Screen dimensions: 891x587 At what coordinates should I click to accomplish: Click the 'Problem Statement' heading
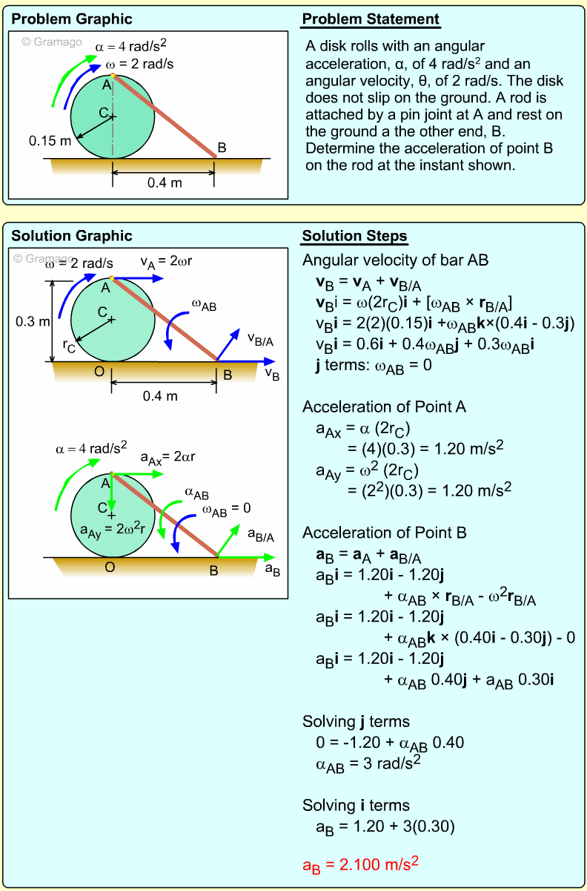click(x=371, y=19)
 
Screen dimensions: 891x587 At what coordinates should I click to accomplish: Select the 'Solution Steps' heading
click(x=354, y=237)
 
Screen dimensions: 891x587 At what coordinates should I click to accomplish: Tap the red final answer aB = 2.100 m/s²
click(x=361, y=864)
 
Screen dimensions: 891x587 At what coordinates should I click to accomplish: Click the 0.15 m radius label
click(x=50, y=139)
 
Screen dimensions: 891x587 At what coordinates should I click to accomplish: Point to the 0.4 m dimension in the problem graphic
click(x=165, y=183)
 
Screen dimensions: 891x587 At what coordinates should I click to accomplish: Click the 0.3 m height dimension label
click(x=33, y=321)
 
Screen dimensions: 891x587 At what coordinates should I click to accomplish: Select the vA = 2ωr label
click(x=167, y=261)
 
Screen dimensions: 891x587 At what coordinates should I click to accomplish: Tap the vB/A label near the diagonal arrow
click(x=261, y=340)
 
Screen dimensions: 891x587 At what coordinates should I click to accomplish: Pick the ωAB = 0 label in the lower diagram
click(x=227, y=508)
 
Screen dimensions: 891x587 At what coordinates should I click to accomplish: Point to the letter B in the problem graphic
click(x=222, y=148)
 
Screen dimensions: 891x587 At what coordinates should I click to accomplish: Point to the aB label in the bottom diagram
click(x=273, y=570)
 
